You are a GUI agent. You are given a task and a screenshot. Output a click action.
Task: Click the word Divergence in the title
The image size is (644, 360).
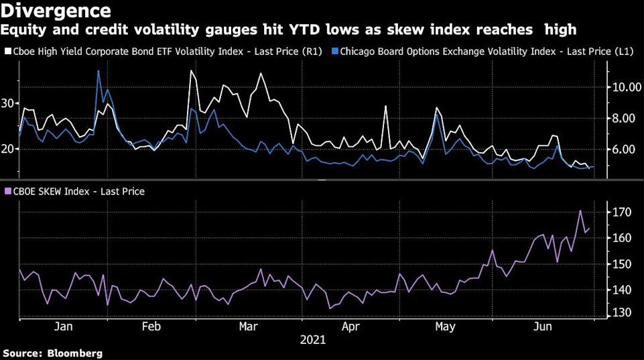coord(58,11)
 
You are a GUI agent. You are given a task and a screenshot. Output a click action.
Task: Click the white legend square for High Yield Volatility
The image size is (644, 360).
coord(8,50)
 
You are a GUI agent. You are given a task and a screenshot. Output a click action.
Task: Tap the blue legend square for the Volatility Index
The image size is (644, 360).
coord(344,50)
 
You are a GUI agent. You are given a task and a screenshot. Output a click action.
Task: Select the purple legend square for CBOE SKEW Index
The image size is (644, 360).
coord(8,192)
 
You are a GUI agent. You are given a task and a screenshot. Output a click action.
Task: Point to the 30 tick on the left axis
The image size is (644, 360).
coord(8,103)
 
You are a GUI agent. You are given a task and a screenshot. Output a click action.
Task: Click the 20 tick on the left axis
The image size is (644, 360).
coord(8,149)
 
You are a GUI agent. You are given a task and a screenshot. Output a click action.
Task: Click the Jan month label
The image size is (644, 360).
coord(63,326)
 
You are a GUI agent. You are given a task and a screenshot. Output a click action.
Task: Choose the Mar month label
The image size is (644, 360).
coord(249,326)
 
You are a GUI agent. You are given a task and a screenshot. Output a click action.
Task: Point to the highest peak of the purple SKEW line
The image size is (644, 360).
coord(580,211)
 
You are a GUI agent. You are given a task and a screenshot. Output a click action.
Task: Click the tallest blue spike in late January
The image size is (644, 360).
coord(99,70)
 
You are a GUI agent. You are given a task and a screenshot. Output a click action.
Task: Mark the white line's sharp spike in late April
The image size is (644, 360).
coord(386,106)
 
